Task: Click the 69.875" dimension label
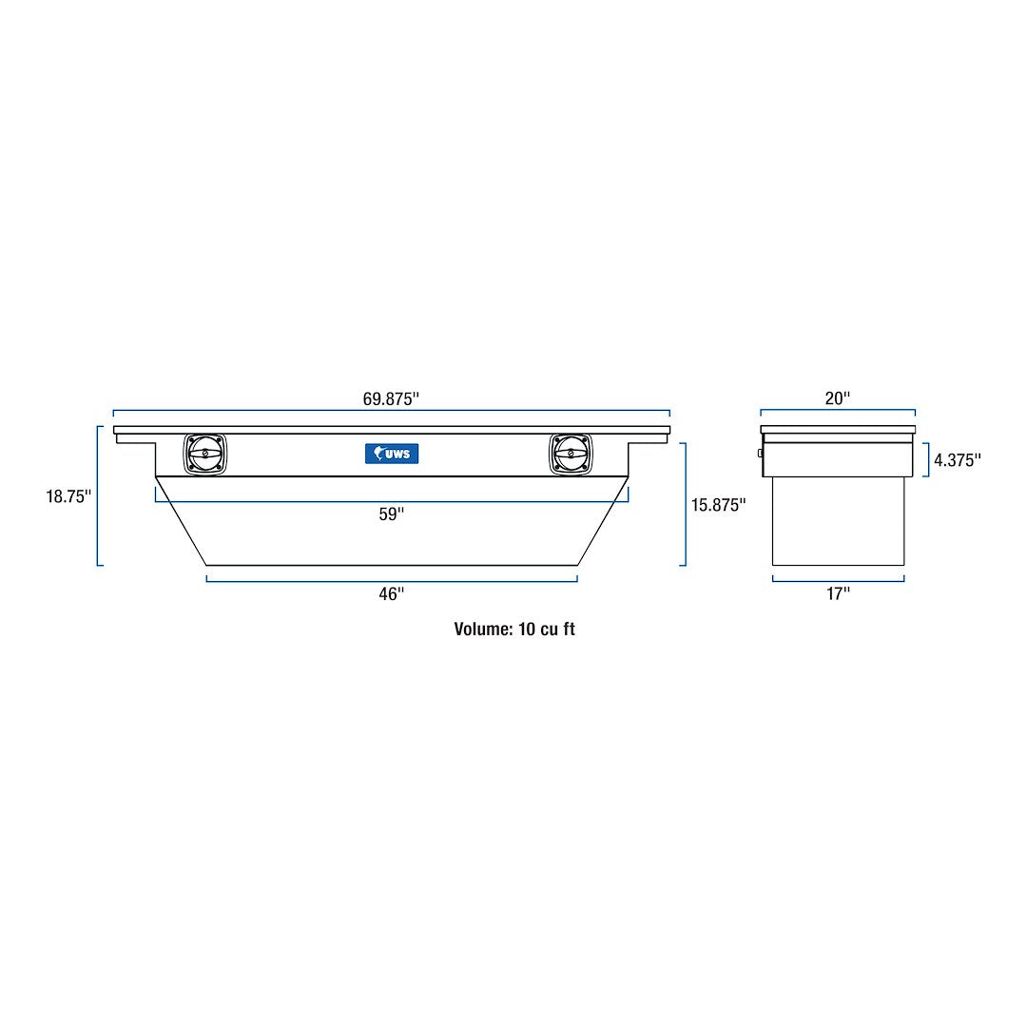pos(391,399)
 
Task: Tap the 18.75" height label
pos(68,496)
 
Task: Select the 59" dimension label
pos(391,513)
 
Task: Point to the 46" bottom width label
pos(391,593)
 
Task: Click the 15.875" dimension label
pos(718,505)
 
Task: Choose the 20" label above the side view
pos(837,399)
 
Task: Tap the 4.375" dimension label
pos(957,460)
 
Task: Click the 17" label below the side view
pos(837,593)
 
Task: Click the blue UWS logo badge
pos(392,454)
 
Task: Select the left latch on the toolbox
pos(206,454)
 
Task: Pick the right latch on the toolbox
pos(571,454)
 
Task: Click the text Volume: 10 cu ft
pos(514,629)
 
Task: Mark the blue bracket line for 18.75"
pos(98,495)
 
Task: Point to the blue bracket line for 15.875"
pos(685,504)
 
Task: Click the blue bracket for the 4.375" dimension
pos(927,459)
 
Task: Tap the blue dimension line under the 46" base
pos(391,580)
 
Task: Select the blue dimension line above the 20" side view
pos(837,411)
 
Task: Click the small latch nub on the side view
pos(760,454)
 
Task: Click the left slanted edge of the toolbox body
pos(181,521)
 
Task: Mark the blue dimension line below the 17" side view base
pos(837,580)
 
